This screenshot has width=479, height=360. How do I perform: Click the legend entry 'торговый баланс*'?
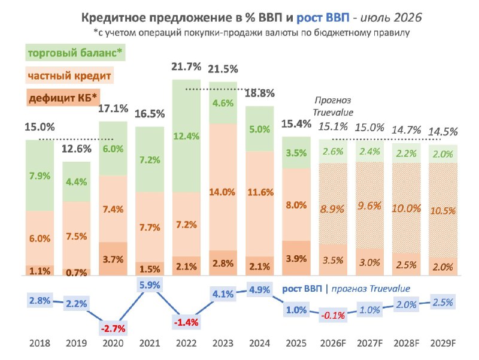(75, 53)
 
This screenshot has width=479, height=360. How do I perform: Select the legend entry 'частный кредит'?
(69, 75)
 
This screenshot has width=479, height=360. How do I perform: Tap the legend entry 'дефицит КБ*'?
(63, 98)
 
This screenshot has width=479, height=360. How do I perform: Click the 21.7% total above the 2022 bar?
(186, 66)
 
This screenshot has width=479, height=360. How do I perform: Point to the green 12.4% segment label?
(186, 136)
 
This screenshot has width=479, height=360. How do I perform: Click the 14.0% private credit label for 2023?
(222, 192)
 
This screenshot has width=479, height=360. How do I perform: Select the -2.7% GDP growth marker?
(113, 328)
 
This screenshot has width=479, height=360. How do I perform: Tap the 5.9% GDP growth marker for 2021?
(150, 285)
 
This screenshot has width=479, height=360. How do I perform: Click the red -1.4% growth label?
(186, 322)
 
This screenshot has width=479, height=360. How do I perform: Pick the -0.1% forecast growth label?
(333, 314)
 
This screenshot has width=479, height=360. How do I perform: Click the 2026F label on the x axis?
(333, 343)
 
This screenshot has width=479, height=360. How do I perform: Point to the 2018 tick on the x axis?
(40, 343)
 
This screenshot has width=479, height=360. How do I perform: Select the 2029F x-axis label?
(443, 343)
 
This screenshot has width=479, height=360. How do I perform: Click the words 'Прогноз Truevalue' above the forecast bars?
(333, 106)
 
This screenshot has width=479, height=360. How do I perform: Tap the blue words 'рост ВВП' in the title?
(323, 17)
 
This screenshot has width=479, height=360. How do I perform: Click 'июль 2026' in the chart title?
(392, 17)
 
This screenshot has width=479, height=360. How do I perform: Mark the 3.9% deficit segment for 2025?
(296, 259)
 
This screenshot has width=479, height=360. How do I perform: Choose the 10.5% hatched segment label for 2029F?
(443, 211)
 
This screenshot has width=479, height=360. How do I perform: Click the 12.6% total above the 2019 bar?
(77, 149)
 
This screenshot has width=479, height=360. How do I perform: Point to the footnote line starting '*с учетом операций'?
(251, 32)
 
